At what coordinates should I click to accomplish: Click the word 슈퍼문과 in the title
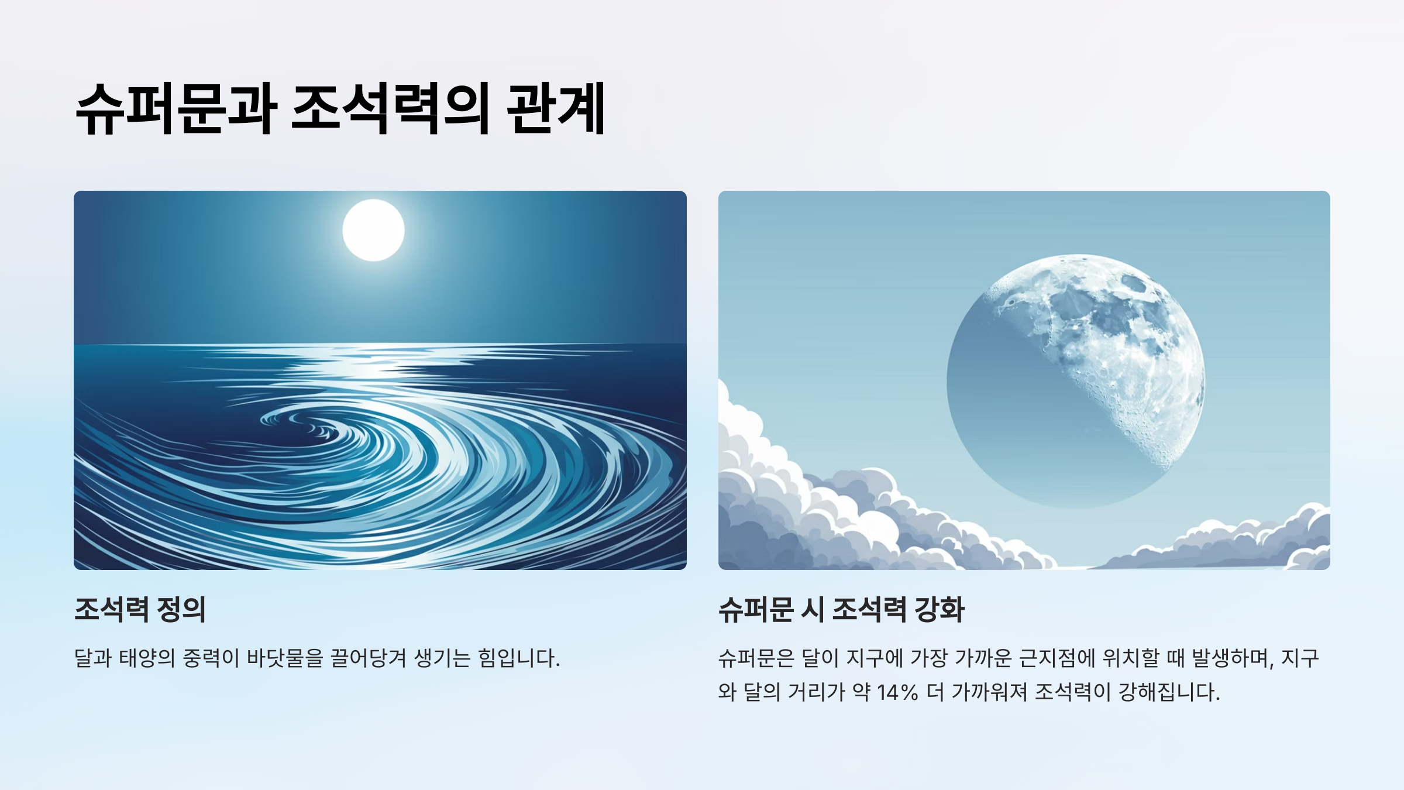176,109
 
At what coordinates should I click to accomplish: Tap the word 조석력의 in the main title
390,109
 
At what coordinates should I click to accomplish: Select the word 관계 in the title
556,109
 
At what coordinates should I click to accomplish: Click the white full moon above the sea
373,230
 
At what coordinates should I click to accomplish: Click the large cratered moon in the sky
1075,380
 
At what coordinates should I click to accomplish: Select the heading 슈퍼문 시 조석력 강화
841,609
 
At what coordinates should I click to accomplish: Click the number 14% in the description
897,692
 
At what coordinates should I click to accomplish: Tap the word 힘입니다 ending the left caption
518,658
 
